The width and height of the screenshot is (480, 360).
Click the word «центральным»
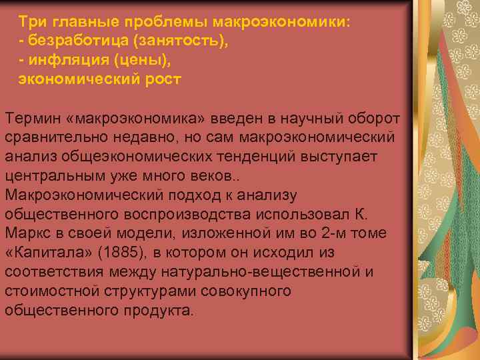pyautogui.click(x=58, y=176)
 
